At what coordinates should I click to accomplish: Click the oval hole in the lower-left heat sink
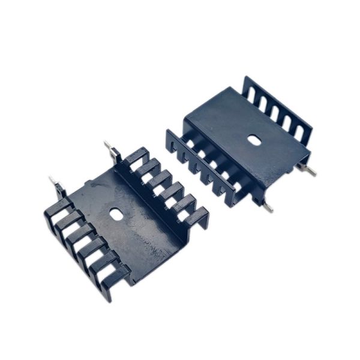[x=115, y=213]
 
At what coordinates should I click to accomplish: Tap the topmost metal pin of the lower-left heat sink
[x=110, y=147]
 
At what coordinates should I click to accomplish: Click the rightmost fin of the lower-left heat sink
[x=195, y=216]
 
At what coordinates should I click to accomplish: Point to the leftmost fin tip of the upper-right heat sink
[x=172, y=142]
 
